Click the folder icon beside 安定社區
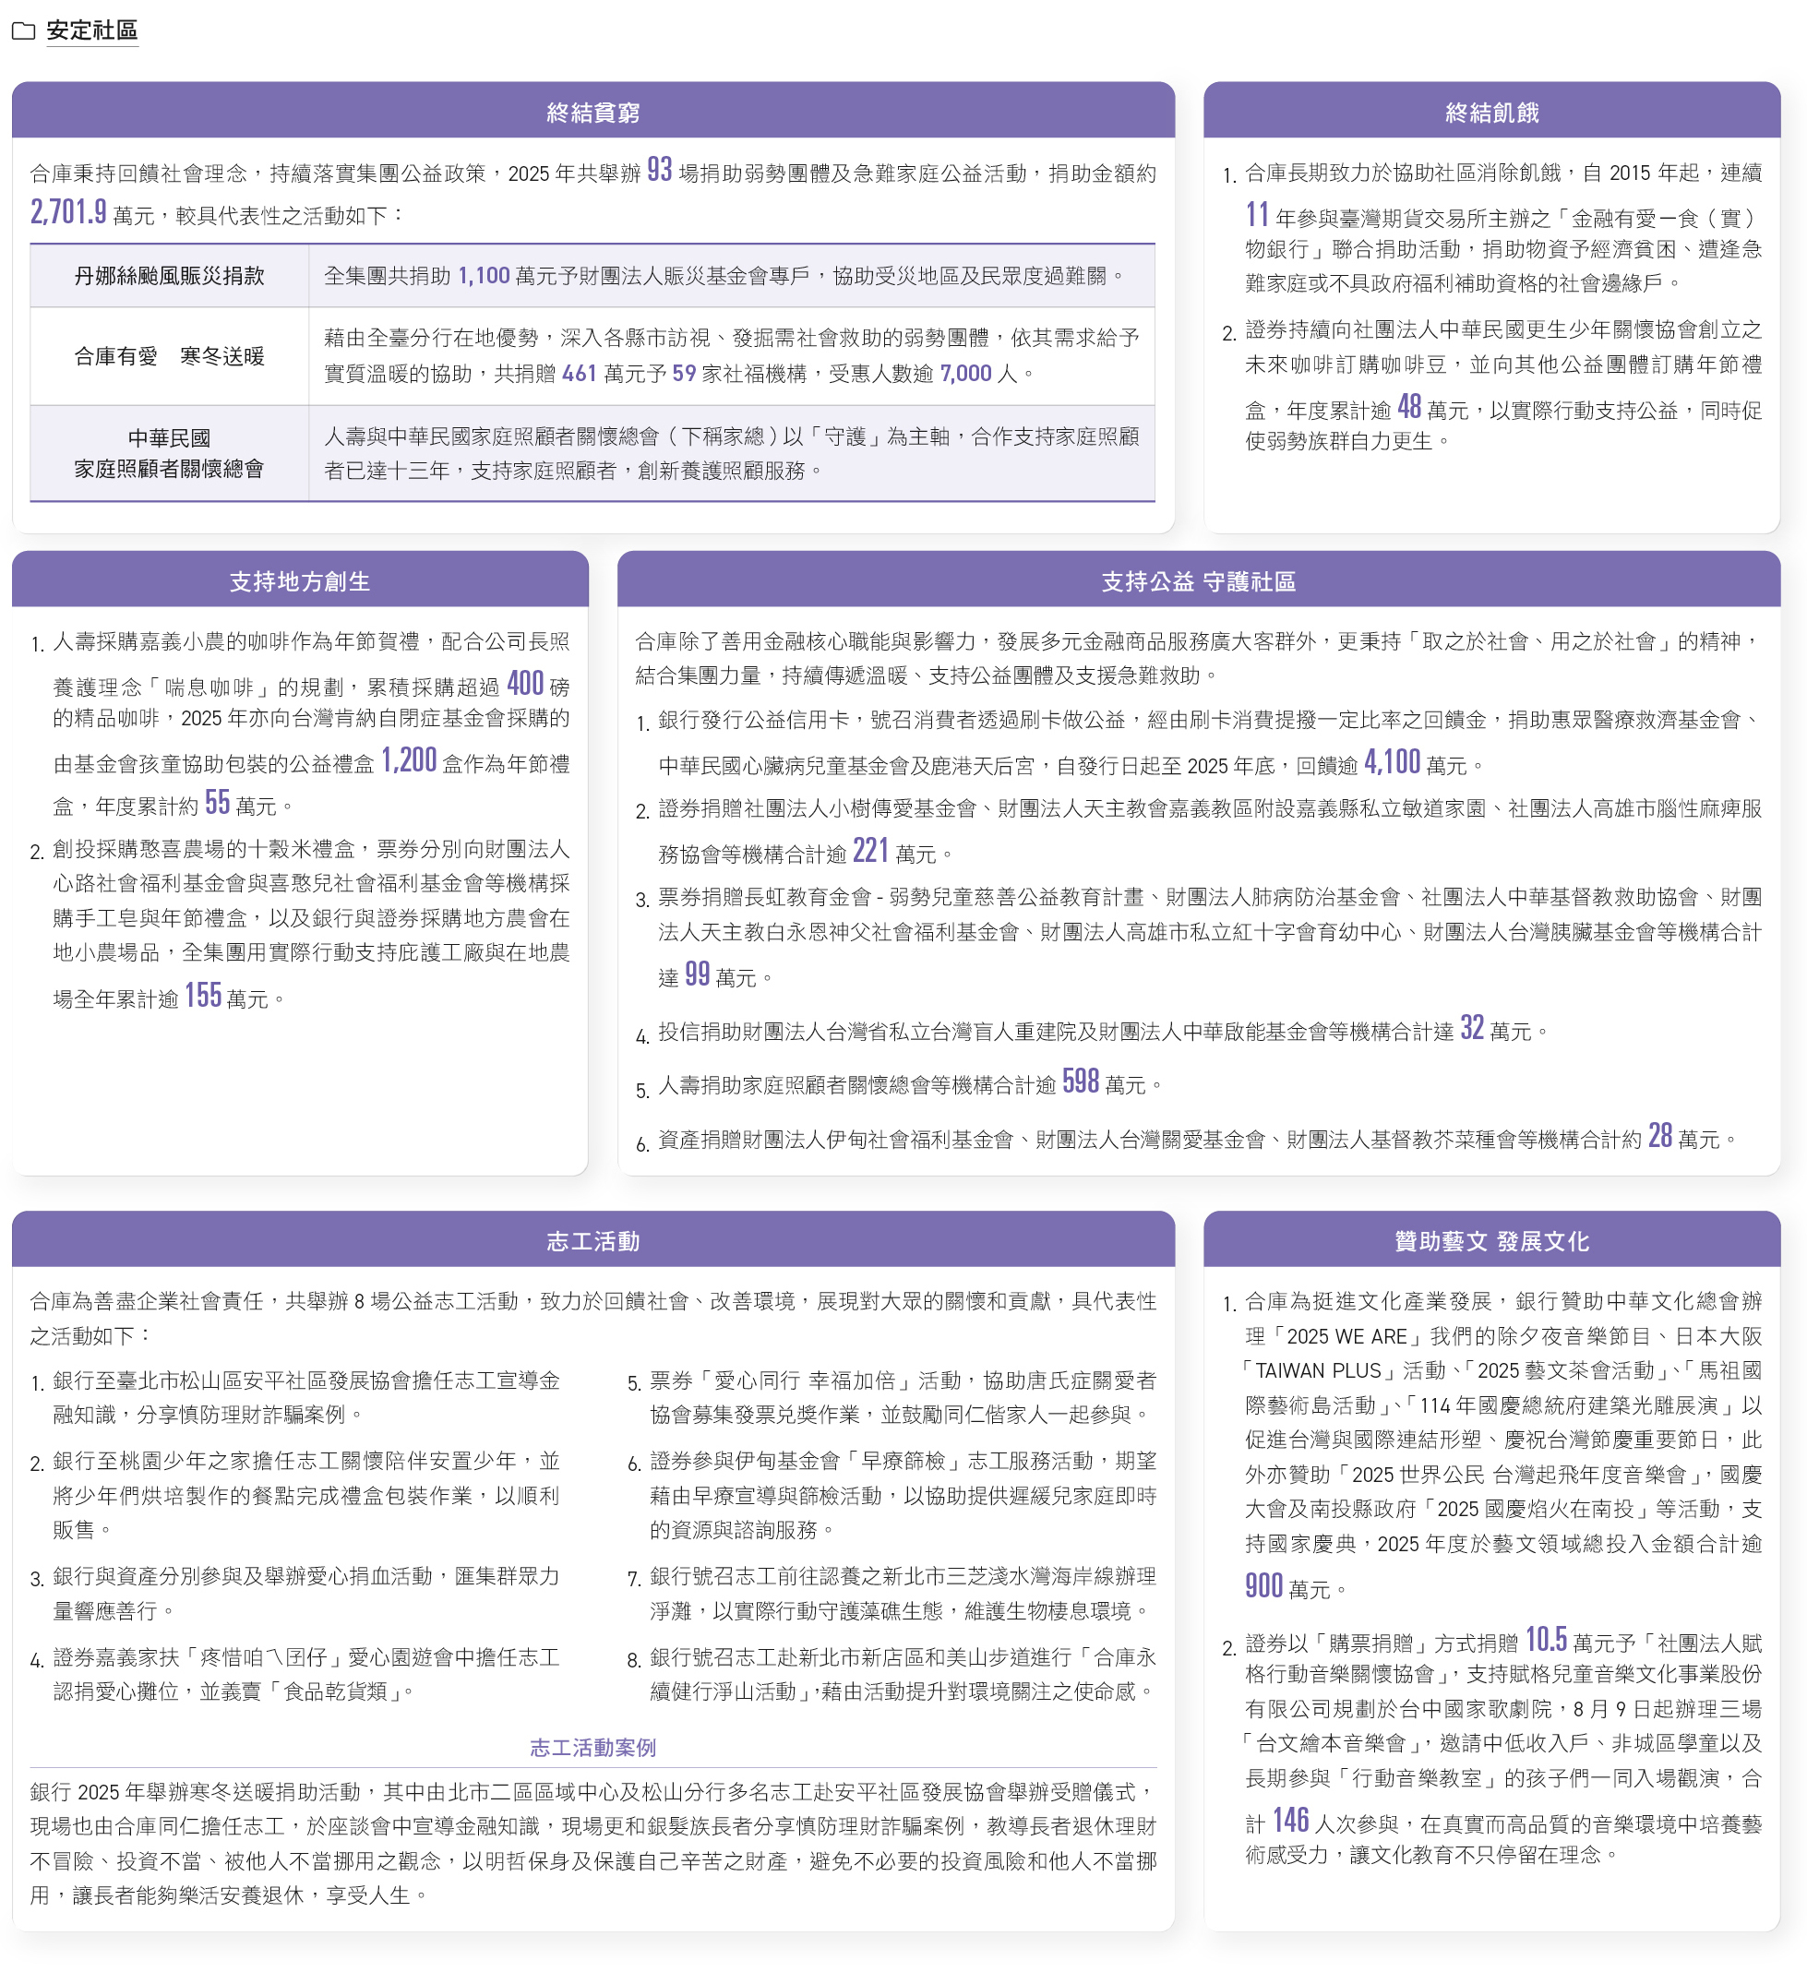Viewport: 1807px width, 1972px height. click(23, 31)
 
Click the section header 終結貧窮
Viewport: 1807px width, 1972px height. click(592, 113)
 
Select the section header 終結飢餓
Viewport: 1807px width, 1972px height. click(1491, 113)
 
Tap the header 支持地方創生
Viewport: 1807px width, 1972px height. click(299, 582)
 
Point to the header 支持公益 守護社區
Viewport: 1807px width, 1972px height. click(1199, 582)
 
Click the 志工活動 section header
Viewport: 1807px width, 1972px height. click(592, 1241)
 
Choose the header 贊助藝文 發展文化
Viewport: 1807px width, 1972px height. click(1491, 1241)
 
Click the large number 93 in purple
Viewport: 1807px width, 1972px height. click(660, 170)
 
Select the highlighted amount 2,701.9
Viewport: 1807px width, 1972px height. click(68, 212)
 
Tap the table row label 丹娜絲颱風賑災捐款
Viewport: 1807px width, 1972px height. click(169, 276)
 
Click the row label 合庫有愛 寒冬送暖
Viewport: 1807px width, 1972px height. click(169, 356)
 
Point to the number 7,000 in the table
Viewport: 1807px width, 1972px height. click(965, 374)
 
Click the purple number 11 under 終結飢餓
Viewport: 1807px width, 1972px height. click(1257, 214)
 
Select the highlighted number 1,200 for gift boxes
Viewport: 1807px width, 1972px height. click(409, 760)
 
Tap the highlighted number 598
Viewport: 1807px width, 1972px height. click(1080, 1081)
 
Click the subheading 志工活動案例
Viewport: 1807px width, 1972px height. click(592, 1747)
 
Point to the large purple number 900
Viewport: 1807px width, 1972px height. click(1263, 1585)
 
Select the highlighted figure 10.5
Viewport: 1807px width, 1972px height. click(1546, 1640)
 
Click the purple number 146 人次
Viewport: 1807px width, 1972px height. click(1290, 1821)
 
